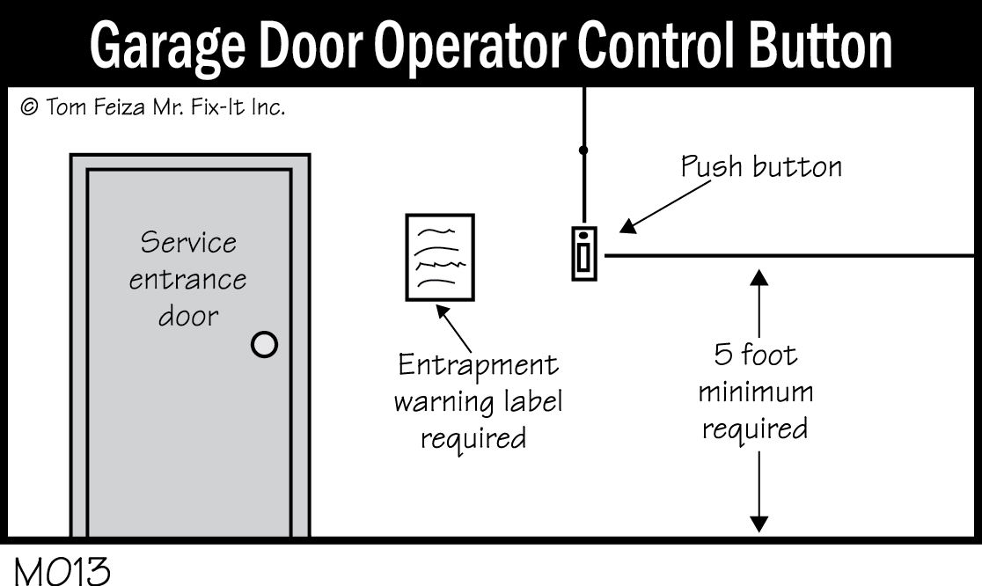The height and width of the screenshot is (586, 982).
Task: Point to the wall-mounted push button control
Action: coord(583,253)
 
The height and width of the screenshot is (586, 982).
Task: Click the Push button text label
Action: coord(761,167)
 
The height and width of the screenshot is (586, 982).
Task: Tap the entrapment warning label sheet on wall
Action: coord(438,257)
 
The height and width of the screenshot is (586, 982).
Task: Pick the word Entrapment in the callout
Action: coord(479,365)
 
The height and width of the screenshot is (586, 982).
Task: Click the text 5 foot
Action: coord(755,356)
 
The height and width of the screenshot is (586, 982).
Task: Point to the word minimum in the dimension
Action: coord(755,392)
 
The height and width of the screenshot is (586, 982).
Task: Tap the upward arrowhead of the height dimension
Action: coord(759,279)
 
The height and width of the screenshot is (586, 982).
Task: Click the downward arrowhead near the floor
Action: coord(759,523)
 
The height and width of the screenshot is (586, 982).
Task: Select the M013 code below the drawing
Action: coord(62,570)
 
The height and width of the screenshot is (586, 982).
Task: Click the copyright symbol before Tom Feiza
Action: coord(28,110)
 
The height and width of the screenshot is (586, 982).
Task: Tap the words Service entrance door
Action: coord(188,279)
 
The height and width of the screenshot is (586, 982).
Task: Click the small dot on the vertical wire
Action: coord(583,150)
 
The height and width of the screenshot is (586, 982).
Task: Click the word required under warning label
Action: coord(473,437)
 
